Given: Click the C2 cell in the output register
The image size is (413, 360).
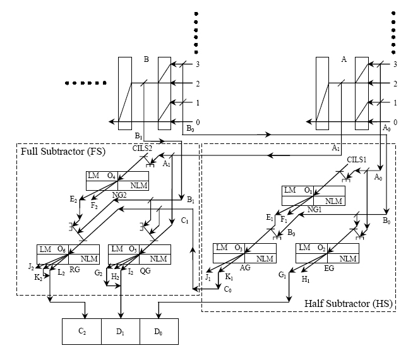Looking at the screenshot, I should pyautogui.click(x=81, y=331).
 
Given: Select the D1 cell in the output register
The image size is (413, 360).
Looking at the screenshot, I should pyautogui.click(x=121, y=331).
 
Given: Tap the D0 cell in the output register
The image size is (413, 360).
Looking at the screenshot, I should pyautogui.click(x=159, y=331).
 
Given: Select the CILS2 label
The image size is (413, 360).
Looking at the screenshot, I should pyautogui.click(x=144, y=149).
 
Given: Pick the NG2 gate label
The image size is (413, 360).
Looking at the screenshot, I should pyautogui.click(x=120, y=196).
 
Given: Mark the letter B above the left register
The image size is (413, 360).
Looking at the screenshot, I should pyautogui.click(x=146, y=61).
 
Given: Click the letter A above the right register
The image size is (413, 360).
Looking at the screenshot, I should pyautogui.click(x=344, y=59).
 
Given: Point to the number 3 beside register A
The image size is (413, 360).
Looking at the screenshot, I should pyautogui.click(x=395, y=64).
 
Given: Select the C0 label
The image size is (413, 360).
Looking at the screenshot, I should pyautogui.click(x=228, y=289).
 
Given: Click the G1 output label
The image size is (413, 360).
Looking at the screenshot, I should pyautogui.click(x=282, y=275).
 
